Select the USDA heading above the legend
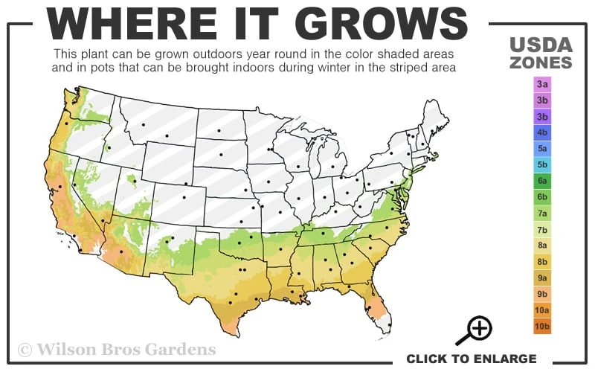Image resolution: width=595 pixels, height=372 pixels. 541,45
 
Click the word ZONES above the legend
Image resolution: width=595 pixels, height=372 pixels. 541,62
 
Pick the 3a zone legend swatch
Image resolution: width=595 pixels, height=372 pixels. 542,84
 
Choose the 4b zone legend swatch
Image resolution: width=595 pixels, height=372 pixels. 542,132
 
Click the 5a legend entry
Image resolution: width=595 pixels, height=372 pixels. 542,149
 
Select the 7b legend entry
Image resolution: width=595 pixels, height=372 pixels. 542,229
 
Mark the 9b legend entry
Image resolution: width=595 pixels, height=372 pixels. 542,294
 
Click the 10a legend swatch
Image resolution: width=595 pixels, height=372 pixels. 542,310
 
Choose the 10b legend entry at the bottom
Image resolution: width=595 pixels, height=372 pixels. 542,326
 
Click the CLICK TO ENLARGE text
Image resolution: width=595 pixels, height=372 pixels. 471,359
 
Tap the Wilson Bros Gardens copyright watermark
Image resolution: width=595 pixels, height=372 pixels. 117,349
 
